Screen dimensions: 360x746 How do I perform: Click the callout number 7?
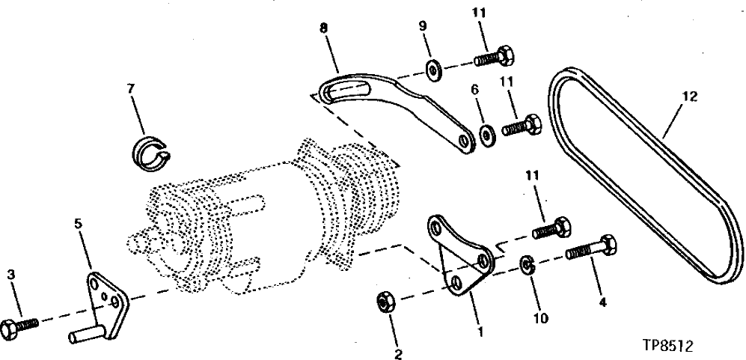point(131,89)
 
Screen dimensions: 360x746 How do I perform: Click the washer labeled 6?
point(486,135)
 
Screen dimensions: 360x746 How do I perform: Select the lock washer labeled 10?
point(527,264)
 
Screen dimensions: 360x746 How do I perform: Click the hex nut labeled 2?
point(384,302)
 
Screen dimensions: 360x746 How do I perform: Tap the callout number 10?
point(541,318)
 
